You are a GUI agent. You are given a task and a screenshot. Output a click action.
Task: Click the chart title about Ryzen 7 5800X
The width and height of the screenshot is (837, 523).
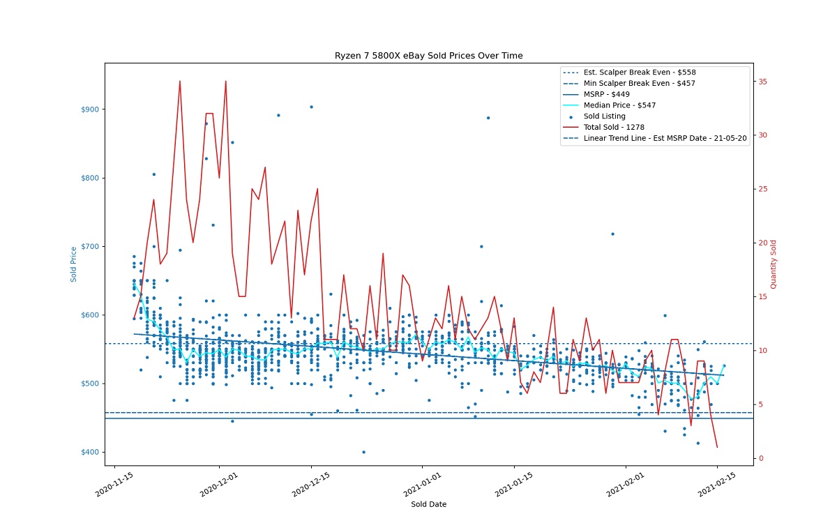pyautogui.click(x=428, y=56)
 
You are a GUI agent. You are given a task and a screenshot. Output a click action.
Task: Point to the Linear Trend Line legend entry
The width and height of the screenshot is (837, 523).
pyautogui.click(x=655, y=138)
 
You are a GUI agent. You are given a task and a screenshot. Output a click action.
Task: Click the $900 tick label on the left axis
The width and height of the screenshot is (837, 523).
pyautogui.click(x=90, y=109)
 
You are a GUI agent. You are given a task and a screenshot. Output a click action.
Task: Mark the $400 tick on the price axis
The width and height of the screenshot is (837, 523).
pyautogui.click(x=90, y=452)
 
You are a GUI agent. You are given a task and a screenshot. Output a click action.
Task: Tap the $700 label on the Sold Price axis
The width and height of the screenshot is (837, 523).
pyautogui.click(x=90, y=247)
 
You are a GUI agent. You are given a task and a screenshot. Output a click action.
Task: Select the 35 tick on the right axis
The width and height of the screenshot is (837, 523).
pyautogui.click(x=762, y=82)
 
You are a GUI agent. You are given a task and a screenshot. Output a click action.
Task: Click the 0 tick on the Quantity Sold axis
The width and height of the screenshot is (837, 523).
pyautogui.click(x=761, y=458)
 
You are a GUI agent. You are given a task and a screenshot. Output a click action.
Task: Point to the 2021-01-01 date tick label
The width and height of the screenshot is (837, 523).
pyautogui.click(x=423, y=485)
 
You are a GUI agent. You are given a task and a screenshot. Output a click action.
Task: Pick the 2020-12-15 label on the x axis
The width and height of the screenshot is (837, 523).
pyautogui.click(x=311, y=485)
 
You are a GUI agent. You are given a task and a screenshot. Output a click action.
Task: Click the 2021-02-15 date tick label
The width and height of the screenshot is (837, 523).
pyautogui.click(x=717, y=485)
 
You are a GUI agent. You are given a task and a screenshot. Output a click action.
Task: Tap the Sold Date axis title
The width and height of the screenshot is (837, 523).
pyautogui.click(x=428, y=504)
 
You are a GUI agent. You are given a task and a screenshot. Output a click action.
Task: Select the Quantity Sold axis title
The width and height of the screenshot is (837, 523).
pyautogui.click(x=774, y=264)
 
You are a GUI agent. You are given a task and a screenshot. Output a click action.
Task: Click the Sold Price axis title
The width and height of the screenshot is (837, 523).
pyautogui.click(x=74, y=264)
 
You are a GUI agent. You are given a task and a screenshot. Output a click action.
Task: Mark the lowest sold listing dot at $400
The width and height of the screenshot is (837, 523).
pyautogui.click(x=363, y=452)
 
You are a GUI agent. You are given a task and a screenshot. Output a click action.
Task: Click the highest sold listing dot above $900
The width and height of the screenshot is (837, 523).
pyautogui.click(x=311, y=107)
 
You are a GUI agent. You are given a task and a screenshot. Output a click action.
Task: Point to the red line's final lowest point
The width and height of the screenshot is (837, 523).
pyautogui.click(x=717, y=447)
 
